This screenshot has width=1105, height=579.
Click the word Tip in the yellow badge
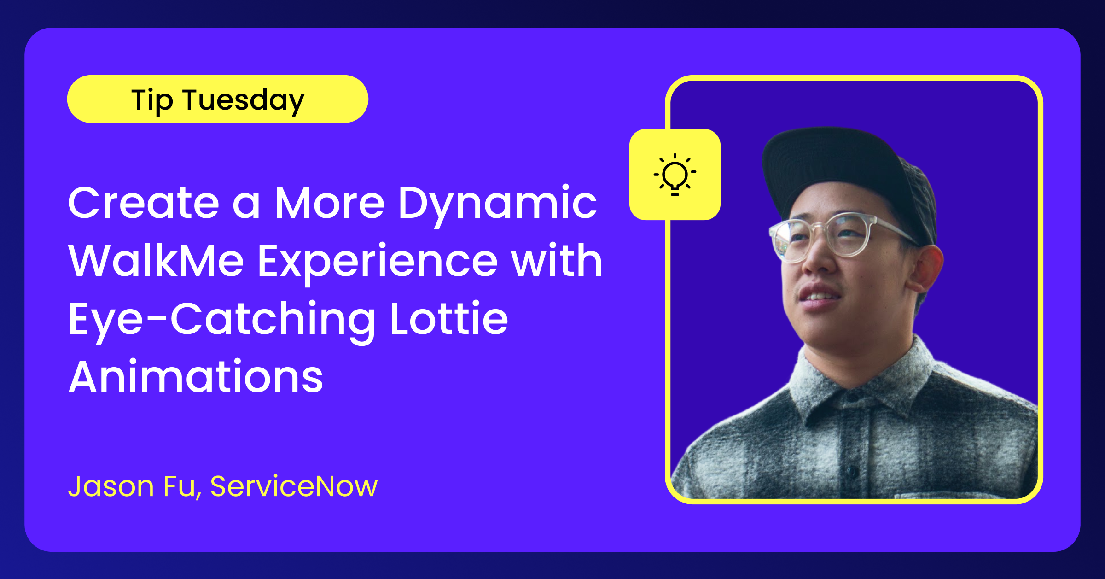coord(152,101)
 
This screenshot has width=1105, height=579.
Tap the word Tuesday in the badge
coord(244,101)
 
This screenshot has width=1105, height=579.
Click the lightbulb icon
coord(675,175)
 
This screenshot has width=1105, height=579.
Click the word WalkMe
coord(156,261)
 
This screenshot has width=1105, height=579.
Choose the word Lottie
coord(449,318)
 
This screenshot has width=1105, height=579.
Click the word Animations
coord(196,376)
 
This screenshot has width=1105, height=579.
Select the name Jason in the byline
coord(111,486)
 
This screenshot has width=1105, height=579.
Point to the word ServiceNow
coord(294,486)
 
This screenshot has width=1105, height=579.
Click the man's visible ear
coord(925,269)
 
